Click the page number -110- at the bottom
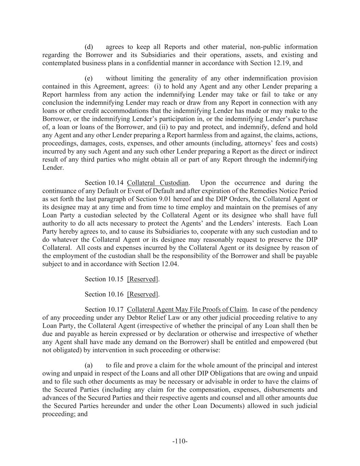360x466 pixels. coord(180,441)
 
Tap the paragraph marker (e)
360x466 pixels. coord(89,78)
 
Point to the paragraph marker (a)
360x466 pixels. coord(89,365)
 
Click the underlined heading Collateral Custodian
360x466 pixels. coord(158,183)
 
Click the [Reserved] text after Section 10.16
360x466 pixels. coord(143,294)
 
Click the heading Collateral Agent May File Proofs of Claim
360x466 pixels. coord(187,309)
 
